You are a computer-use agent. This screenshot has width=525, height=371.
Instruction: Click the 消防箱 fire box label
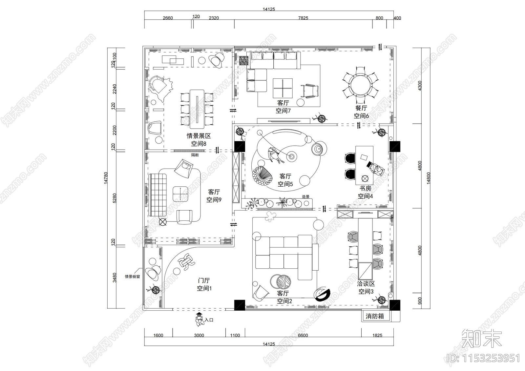pyautogui.click(x=374, y=316)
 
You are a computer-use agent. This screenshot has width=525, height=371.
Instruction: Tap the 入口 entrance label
pyautogui.click(x=209, y=320)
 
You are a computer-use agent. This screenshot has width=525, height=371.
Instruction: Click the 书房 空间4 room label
pyautogui.click(x=365, y=192)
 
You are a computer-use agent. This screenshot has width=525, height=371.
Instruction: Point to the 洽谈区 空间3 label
pyautogui.click(x=366, y=287)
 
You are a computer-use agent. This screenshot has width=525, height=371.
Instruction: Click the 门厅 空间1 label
pyautogui.click(x=204, y=284)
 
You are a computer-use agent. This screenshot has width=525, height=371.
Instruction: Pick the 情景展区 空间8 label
pyautogui.click(x=199, y=139)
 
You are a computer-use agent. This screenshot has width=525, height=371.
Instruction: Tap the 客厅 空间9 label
pyautogui.click(x=214, y=196)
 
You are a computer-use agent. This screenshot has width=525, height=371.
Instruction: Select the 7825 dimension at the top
pyautogui.click(x=303, y=18)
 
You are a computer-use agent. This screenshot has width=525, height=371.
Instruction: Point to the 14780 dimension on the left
pyautogui.click(x=106, y=178)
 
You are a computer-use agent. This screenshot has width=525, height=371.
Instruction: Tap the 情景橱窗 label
pyautogui.click(x=132, y=277)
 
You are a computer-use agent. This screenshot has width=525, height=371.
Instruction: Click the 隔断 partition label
pyautogui.click(x=195, y=155)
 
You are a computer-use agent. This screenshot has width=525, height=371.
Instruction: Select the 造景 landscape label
pyautogui.click(x=305, y=197)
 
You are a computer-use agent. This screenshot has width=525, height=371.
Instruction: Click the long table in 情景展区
pyautogui.click(x=197, y=108)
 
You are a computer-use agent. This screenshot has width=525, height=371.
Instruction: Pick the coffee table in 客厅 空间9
pyautogui.click(x=180, y=194)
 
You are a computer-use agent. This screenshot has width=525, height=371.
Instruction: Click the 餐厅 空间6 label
pyautogui.click(x=361, y=112)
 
